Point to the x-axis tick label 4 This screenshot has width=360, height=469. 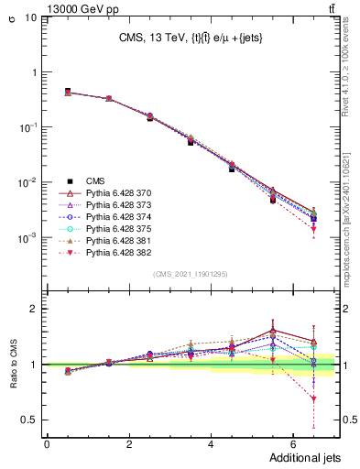[x=211, y=443]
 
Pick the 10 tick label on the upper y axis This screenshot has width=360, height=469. [x=29, y=17]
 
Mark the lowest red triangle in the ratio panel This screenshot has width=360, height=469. [x=313, y=398]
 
